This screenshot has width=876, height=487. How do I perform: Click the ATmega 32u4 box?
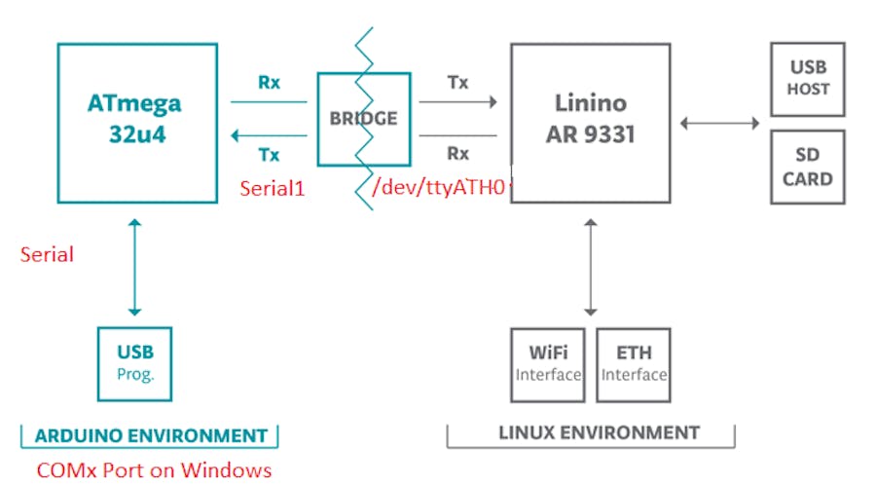coord(136,122)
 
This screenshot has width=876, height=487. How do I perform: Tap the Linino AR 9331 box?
coord(590,121)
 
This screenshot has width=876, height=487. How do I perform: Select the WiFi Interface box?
coord(548,364)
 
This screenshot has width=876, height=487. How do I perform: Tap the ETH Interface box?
coord(634,364)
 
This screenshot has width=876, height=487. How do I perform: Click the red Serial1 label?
coord(273,189)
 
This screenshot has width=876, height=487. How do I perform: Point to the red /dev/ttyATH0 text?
coord(439,189)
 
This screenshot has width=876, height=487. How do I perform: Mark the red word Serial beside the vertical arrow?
coord(47,255)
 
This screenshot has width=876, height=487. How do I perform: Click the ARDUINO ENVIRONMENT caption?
coord(150,435)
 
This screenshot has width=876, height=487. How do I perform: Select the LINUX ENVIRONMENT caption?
coord(591,432)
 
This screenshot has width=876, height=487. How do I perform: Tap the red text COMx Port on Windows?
coord(154,470)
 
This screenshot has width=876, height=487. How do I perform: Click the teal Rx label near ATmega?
coord(269,83)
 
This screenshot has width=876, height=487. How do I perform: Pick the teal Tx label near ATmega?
coord(269,154)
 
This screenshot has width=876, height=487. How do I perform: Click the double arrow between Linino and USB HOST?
coord(720,123)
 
